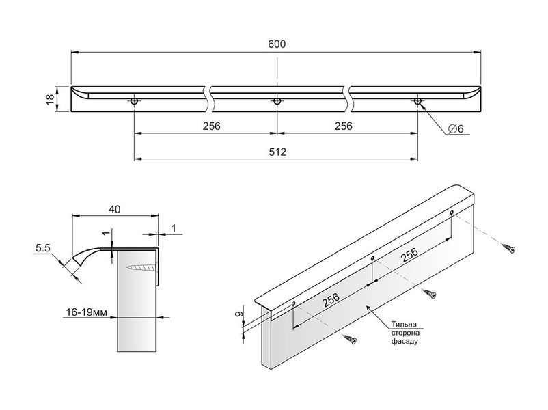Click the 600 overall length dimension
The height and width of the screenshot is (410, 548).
(x=277, y=44)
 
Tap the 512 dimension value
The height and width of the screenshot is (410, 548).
(x=277, y=152)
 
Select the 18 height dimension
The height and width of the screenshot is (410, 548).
(x=51, y=99)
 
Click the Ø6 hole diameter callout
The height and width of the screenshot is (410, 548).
(x=455, y=128)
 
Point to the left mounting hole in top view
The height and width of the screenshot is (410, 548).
(x=134, y=101)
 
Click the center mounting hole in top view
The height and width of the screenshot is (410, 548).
(x=277, y=101)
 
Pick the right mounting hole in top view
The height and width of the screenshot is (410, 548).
(x=417, y=101)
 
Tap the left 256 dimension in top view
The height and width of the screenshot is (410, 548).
(x=211, y=126)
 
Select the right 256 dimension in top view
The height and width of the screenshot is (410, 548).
(x=344, y=126)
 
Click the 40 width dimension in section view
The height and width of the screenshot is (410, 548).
(x=115, y=209)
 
